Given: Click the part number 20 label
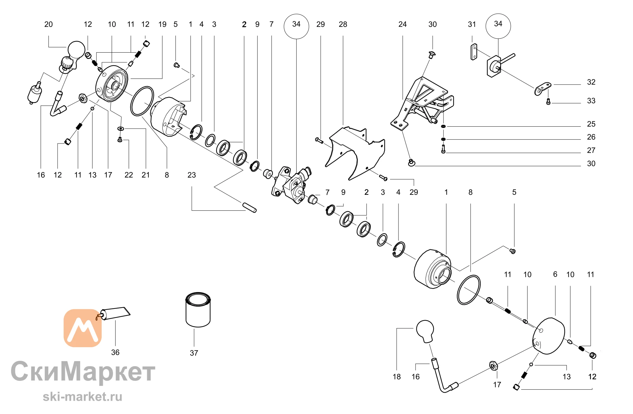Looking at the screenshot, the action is [x=48, y=24].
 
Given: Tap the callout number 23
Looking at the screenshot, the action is [x=191, y=175].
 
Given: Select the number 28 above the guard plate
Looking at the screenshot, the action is [x=343, y=24].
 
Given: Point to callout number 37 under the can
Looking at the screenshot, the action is [x=194, y=353].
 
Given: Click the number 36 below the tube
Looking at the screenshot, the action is [x=115, y=353].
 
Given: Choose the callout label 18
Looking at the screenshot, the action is [x=397, y=377].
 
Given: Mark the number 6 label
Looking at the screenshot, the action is [x=555, y=274].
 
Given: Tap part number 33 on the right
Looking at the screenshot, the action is [x=591, y=101].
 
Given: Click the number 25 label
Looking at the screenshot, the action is [x=591, y=124].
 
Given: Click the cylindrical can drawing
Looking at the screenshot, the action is [x=198, y=310].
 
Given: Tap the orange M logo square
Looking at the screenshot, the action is [x=83, y=328].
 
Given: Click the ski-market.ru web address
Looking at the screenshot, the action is [x=83, y=397].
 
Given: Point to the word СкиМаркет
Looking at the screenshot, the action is [x=83, y=371].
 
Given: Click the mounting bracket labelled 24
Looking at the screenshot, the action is [x=422, y=103].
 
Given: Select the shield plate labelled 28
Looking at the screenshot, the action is [x=355, y=153].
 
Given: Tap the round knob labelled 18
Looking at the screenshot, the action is [x=425, y=331].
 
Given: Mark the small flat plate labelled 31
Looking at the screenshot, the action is [x=474, y=52].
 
